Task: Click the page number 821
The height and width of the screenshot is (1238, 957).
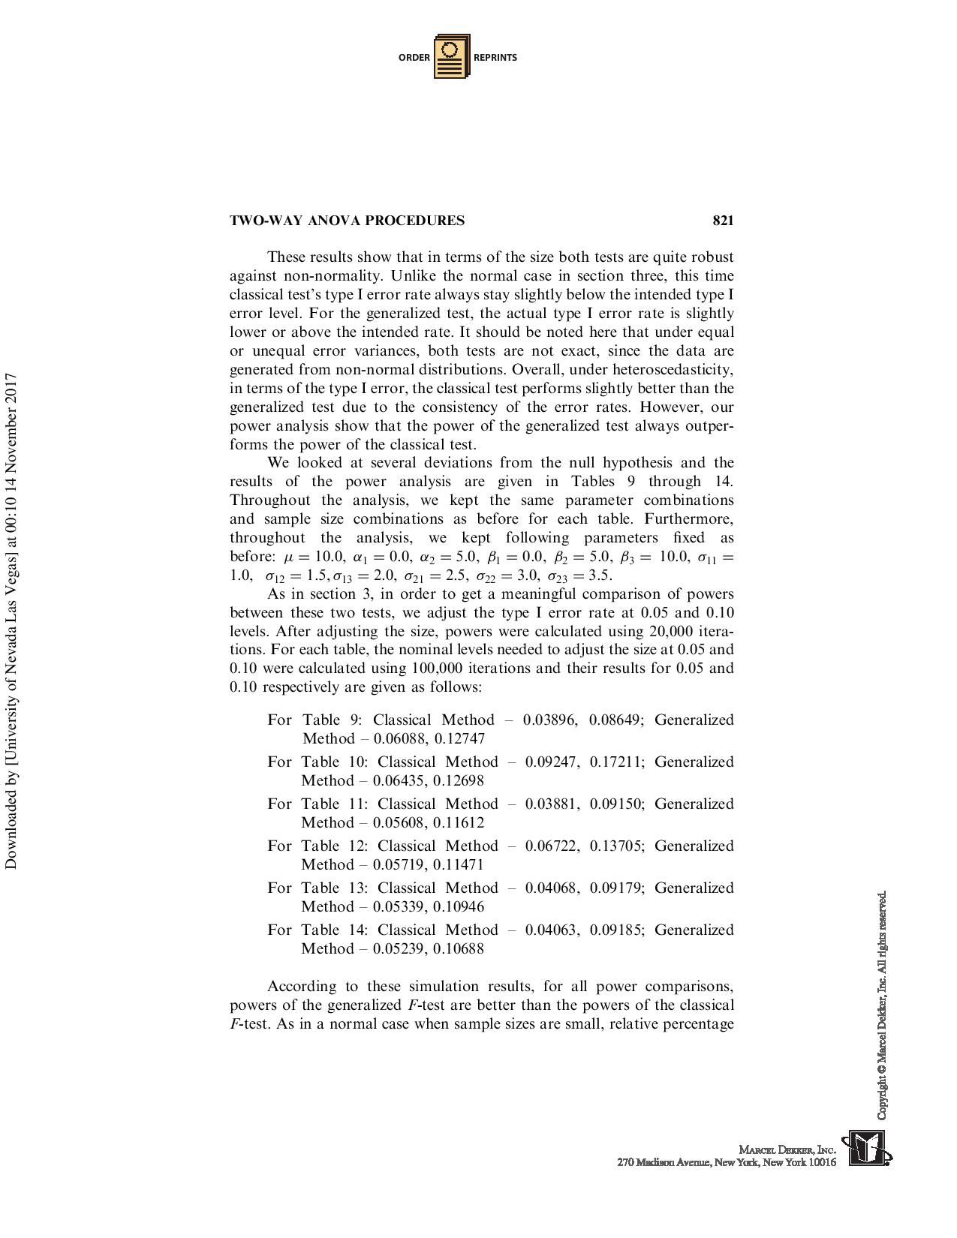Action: coord(722,221)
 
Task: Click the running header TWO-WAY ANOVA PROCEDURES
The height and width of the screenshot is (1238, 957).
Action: coord(347,221)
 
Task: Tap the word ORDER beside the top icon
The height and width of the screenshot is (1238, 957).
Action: coord(414,58)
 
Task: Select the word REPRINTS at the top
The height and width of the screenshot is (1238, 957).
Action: coord(495,58)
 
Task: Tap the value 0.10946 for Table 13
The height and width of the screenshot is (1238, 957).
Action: coord(459,907)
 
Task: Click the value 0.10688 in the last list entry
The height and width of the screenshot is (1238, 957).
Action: coord(459,949)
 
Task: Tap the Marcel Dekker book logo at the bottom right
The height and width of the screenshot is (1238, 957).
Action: coord(866,1148)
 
